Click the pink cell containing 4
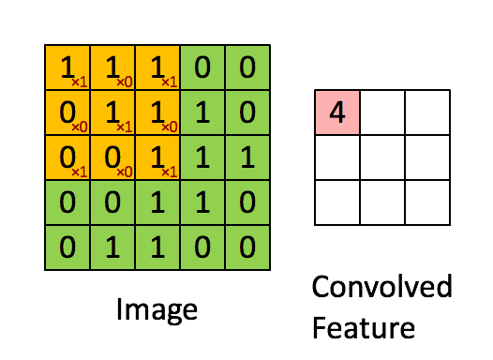[x=337, y=112]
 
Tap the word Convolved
[x=381, y=287]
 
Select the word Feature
[x=364, y=328]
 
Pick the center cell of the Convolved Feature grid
[x=382, y=157]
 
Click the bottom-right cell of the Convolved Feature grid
[x=427, y=202]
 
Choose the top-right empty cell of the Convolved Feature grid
[x=427, y=112]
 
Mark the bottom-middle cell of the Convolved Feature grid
[x=382, y=202]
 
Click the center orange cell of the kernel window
[x=112, y=112]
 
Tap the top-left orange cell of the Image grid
[x=67, y=67]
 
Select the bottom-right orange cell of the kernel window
[x=157, y=157]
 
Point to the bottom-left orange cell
[x=67, y=157]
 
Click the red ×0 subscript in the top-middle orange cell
[x=123, y=82]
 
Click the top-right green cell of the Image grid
[x=247, y=67]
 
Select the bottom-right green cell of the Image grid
[x=247, y=247]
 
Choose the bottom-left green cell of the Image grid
[x=67, y=247]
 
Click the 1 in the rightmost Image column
[x=247, y=157]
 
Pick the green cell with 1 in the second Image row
[x=202, y=112]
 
